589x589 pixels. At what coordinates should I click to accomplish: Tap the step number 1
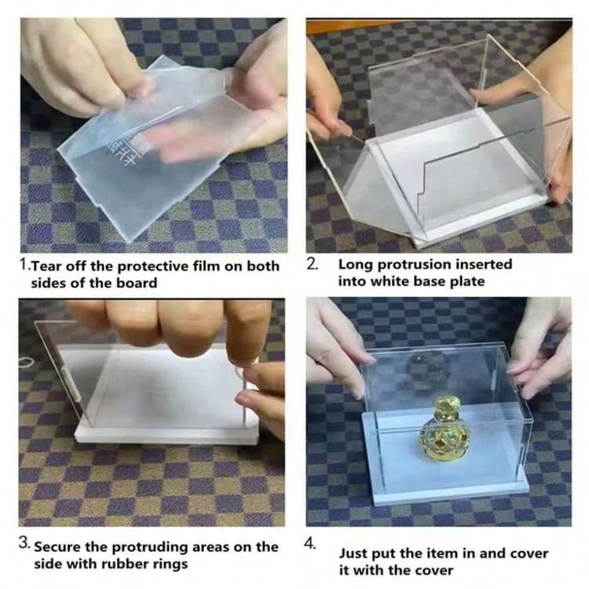click(24, 264)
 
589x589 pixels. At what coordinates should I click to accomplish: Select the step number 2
click(312, 264)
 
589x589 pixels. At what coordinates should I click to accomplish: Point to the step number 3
click(24, 543)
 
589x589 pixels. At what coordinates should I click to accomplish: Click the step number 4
click(311, 543)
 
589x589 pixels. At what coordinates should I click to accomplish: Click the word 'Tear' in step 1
click(45, 266)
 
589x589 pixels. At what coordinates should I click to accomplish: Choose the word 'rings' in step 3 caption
click(172, 565)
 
